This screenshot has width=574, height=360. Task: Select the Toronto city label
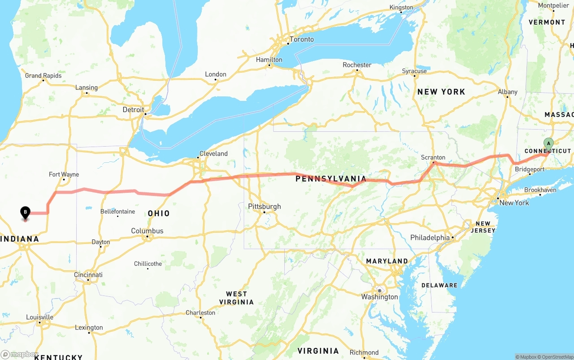pos(301,39)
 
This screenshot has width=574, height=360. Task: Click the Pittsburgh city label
pos(265,207)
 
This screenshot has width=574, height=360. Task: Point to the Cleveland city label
pos(213,153)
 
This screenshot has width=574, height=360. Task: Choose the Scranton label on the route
pos(433,157)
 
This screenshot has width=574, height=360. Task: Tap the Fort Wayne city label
pos(64,174)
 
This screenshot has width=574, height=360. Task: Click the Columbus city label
pos(147,231)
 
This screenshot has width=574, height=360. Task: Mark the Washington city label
pos(379,297)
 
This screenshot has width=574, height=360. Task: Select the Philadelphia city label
pos(430,238)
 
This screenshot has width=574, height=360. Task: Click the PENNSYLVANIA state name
pos(330,179)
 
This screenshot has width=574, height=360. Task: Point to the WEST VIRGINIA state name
pos(236,298)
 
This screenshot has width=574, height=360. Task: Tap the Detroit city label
pos(133,109)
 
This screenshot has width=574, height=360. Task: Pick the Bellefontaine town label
pos(117,211)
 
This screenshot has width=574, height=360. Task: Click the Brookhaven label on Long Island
pos(540,190)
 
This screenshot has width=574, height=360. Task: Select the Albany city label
pos(508,92)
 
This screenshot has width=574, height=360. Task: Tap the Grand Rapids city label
pos(43,76)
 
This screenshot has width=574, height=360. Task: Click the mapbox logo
pos(20,354)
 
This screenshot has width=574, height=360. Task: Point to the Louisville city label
pos(39,317)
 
